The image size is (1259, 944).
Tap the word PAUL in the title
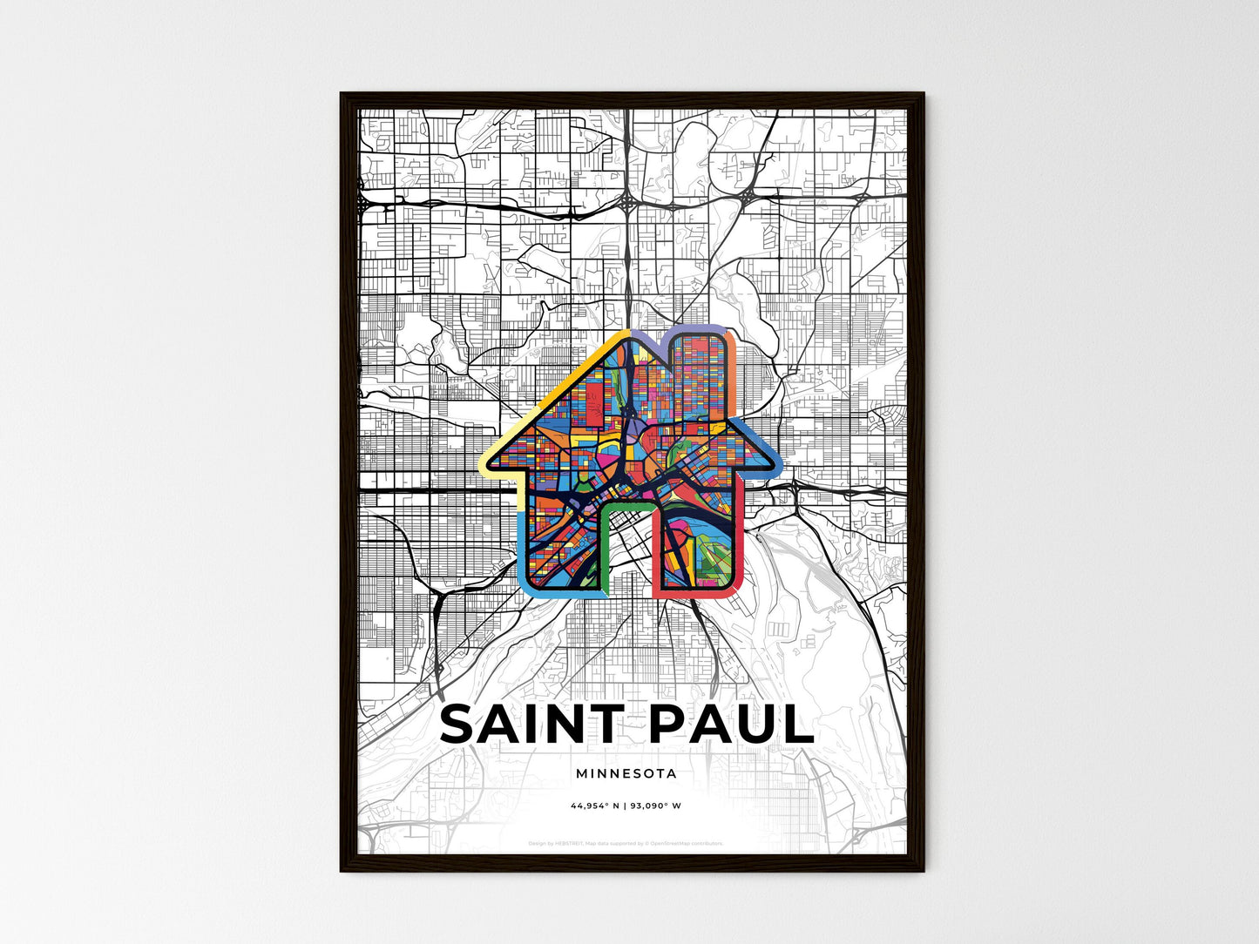tap(731, 725)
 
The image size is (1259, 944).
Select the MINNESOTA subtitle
tap(626, 773)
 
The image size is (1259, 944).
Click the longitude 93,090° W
tap(659, 806)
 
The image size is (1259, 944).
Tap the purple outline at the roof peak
tap(649, 337)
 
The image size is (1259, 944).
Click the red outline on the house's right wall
tap(741, 540)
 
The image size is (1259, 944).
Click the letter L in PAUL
tap(796, 725)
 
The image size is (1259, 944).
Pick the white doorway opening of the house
tap(629, 557)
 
